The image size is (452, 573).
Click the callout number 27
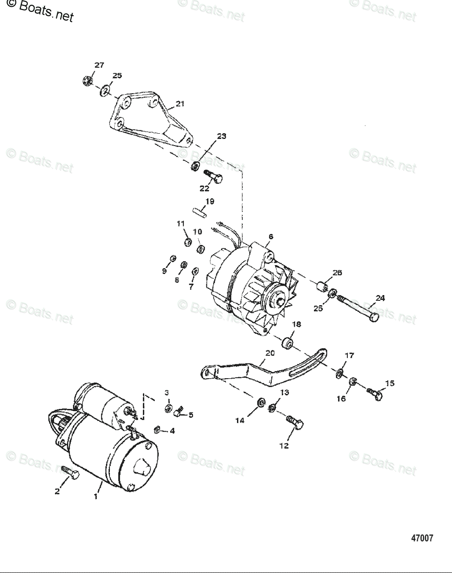[x=99, y=65]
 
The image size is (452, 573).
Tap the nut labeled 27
[x=87, y=81]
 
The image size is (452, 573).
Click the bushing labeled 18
[x=288, y=343]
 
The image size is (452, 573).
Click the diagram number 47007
[x=422, y=538]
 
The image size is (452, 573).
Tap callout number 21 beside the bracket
[x=180, y=103]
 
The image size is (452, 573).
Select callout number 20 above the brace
[x=270, y=353]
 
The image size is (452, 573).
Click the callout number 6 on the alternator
[x=271, y=236]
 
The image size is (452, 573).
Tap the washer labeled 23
[x=195, y=167]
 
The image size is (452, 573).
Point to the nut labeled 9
[x=172, y=259]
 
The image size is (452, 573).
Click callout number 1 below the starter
[x=96, y=497]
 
